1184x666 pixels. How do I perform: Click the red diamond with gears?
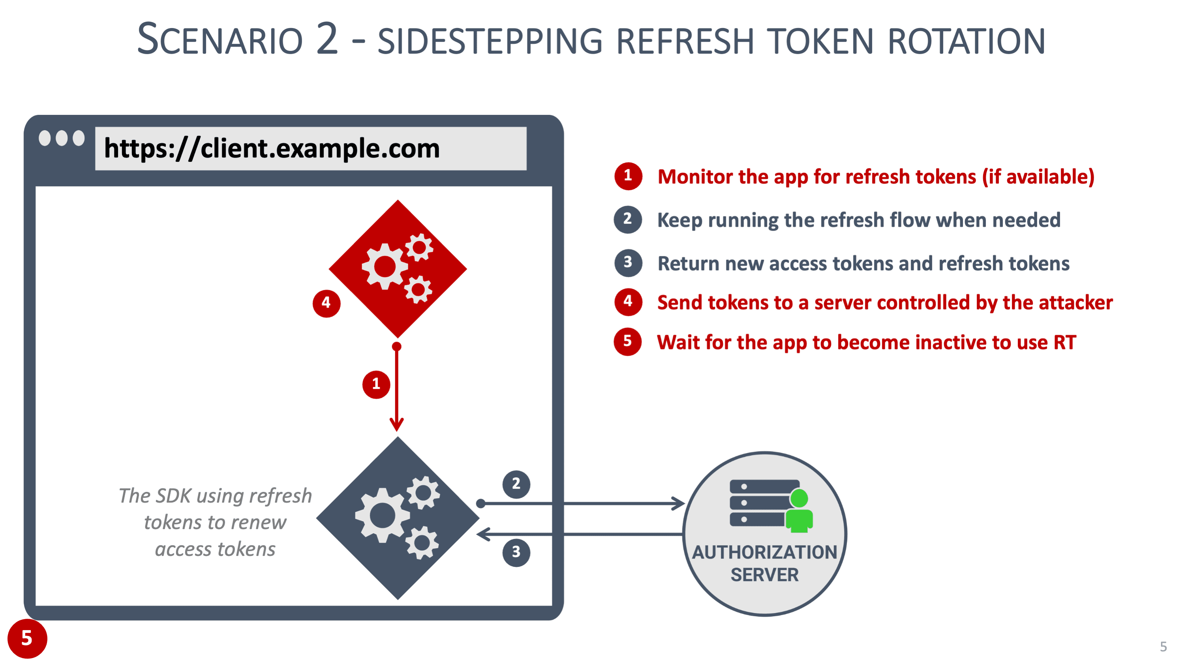pos(398,268)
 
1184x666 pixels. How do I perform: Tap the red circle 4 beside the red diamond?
pos(326,303)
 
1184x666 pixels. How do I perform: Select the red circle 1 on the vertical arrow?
pos(376,384)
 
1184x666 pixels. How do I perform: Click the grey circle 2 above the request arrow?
pos(516,484)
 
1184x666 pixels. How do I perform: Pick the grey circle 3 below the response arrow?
pos(516,552)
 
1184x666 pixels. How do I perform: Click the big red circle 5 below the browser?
pos(27,638)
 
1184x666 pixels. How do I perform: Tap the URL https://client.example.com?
pos(272,148)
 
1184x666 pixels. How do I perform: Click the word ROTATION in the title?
pos(966,41)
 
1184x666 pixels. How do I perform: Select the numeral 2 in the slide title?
pos(327,39)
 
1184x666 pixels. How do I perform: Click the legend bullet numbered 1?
pos(628,176)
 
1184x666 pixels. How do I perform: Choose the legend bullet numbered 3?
pos(628,263)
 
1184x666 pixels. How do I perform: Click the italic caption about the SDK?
pos(215,522)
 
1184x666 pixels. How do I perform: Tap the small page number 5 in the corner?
pos(1163,647)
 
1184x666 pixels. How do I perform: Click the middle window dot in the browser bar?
pos(62,138)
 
